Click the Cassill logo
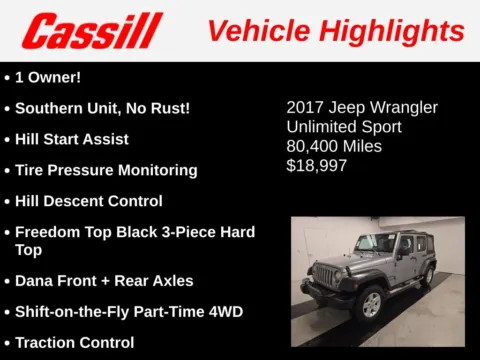pyautogui.click(x=92, y=31)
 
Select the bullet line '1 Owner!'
pyautogui.click(x=50, y=76)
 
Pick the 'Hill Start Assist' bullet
pyautogui.click(x=72, y=139)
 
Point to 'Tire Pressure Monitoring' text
pyautogui.click(x=106, y=170)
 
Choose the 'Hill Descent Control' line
pyautogui.click(x=89, y=201)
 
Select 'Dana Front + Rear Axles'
pyautogui.click(x=104, y=281)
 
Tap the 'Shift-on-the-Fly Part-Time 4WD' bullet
pyautogui.click(x=128, y=311)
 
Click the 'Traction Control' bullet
pyautogui.click(x=75, y=343)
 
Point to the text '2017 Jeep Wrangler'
pyautogui.click(x=362, y=107)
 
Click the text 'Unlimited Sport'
pyautogui.click(x=344, y=127)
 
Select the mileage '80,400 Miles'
pyautogui.click(x=334, y=146)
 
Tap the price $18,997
pyautogui.click(x=317, y=165)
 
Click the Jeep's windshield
pyautogui.click(x=376, y=243)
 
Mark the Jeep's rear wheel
pyautogui.click(x=428, y=274)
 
